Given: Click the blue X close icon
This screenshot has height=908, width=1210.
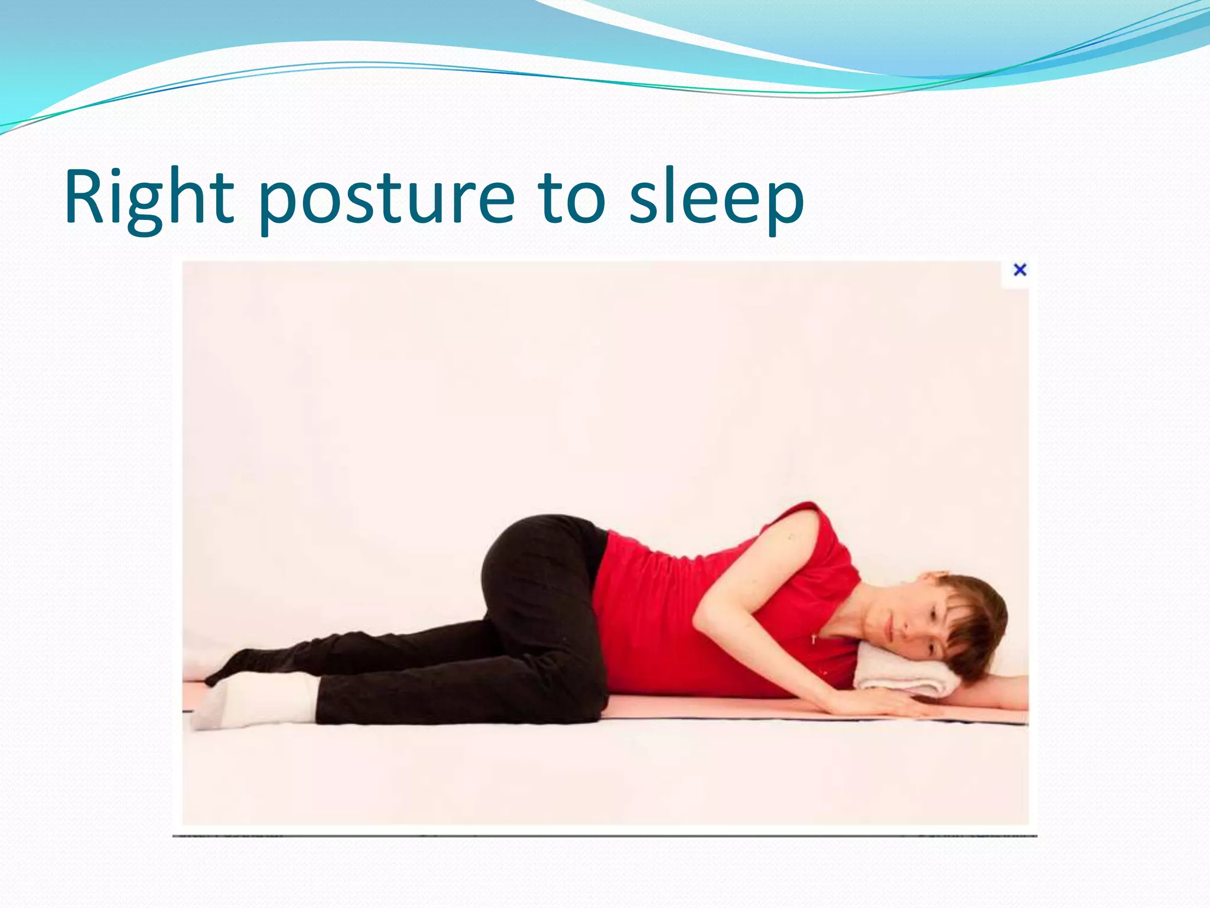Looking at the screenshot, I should coord(1020,270).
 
